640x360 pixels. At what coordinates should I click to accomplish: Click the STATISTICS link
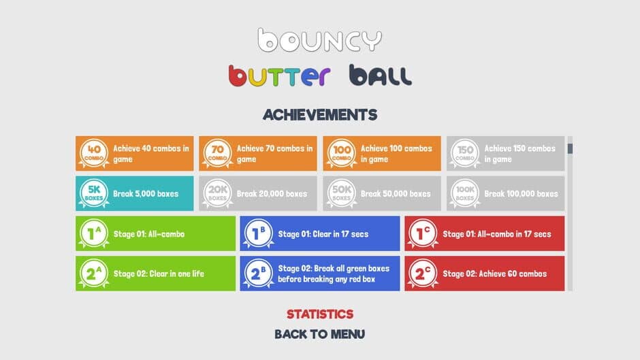pyautogui.click(x=320, y=314)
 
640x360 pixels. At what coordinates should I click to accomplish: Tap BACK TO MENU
pyautogui.click(x=319, y=334)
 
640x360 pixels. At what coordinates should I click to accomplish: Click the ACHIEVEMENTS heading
pyautogui.click(x=320, y=115)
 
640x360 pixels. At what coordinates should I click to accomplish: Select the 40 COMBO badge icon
pyautogui.click(x=94, y=154)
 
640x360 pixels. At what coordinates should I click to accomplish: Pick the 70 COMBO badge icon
pyautogui.click(x=218, y=154)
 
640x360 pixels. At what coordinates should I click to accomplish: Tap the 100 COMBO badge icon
pyautogui.click(x=342, y=154)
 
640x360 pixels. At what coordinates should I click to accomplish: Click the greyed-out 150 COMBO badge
pyautogui.click(x=465, y=154)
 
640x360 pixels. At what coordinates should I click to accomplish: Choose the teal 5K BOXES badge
pyautogui.click(x=94, y=193)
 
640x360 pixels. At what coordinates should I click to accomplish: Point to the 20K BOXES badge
pyautogui.click(x=218, y=193)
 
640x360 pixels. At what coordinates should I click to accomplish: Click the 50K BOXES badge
pyautogui.click(x=342, y=193)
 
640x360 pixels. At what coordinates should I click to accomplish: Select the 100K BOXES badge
pyautogui.click(x=465, y=193)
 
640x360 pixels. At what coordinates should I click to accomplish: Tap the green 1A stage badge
pyautogui.click(x=94, y=233)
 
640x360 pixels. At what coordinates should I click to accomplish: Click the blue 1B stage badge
pyautogui.click(x=258, y=233)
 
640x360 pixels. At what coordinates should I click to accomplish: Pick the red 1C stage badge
pyautogui.click(x=423, y=233)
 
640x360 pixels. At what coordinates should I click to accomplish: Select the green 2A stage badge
pyautogui.click(x=94, y=274)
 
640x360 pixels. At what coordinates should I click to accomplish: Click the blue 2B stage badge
pyautogui.click(x=258, y=274)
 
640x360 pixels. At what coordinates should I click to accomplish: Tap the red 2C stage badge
pyautogui.click(x=423, y=274)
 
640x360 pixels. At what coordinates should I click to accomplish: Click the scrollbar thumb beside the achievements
pyautogui.click(x=570, y=148)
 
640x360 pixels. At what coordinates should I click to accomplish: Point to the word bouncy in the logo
pyautogui.click(x=320, y=40)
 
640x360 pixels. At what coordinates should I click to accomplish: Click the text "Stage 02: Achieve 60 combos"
pyautogui.click(x=495, y=274)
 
